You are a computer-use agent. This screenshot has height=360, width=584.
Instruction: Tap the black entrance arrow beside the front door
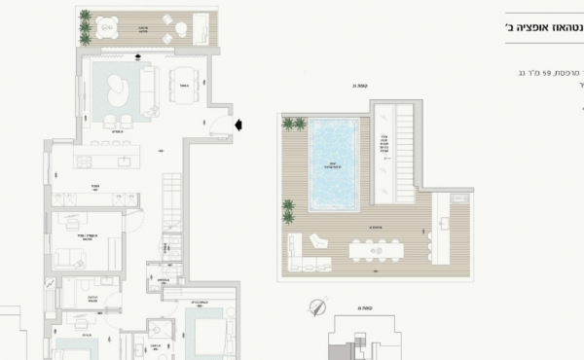[239, 124]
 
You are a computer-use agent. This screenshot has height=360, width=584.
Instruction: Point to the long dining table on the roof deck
[377, 251]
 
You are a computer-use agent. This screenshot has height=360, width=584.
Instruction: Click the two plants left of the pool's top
[293, 124]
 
